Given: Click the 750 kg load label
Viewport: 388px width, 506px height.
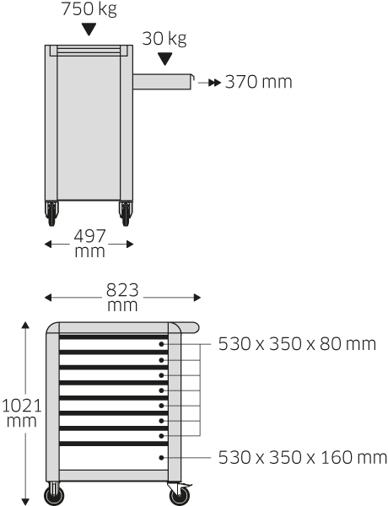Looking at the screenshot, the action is (x=89, y=9).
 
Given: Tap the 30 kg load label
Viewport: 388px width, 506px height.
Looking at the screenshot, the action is (x=164, y=39).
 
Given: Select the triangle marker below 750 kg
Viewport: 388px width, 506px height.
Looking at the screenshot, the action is (x=89, y=30).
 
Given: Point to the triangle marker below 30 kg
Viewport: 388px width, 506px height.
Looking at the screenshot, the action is (x=165, y=59).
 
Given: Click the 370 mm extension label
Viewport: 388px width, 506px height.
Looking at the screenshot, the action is (x=259, y=82).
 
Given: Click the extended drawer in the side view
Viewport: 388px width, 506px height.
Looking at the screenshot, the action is (x=163, y=82).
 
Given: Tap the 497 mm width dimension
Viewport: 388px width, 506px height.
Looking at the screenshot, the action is (x=89, y=244).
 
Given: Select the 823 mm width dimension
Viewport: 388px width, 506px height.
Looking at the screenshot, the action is (x=122, y=297).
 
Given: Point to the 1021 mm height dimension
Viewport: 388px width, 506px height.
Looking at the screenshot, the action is (x=22, y=412).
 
